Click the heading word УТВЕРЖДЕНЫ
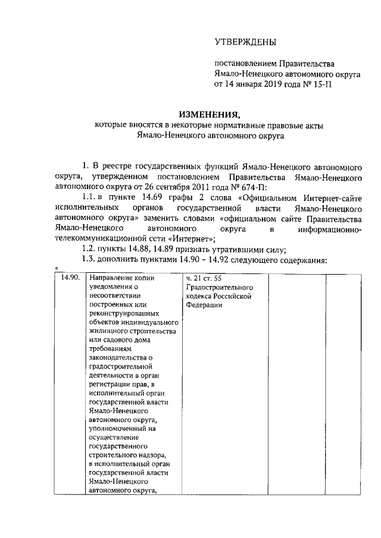(x=245, y=42)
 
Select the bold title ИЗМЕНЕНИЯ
(x=210, y=114)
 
